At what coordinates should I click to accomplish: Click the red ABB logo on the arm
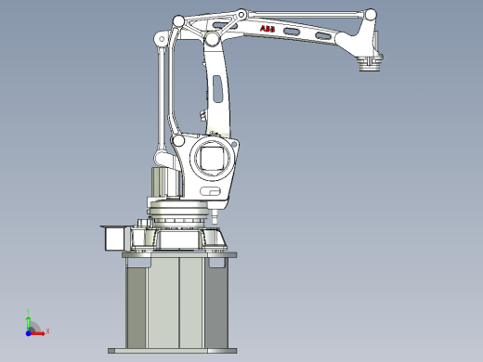coord(268,31)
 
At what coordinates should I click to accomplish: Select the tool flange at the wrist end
coord(370,64)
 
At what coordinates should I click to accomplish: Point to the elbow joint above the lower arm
coord(213,40)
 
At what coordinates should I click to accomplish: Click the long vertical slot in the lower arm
coord(216,94)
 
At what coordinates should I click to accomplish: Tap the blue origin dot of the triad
coord(29,330)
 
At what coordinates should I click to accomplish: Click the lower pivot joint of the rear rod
coord(176,142)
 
